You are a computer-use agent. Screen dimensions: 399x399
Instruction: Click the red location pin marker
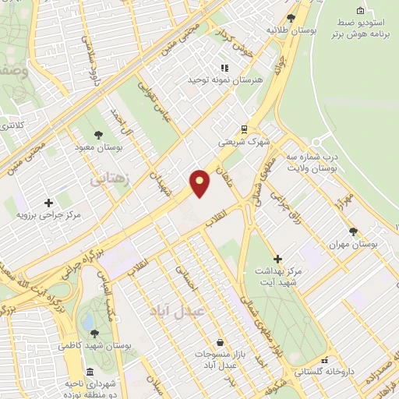click(201, 183)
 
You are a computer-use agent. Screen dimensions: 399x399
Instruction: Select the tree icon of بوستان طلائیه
click(291, 17)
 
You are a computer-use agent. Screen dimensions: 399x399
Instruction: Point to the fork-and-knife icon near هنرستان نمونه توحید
click(224, 68)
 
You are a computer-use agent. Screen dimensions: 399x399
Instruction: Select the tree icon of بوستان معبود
click(97, 134)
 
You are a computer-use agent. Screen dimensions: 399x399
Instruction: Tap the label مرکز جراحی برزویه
click(50, 214)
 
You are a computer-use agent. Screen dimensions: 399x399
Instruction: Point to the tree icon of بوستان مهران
click(353, 231)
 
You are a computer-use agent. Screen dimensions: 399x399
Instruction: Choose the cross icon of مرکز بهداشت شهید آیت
click(277, 258)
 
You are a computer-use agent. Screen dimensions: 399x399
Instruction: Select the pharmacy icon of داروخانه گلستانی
click(324, 361)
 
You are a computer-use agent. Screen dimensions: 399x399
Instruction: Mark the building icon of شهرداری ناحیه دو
click(91, 372)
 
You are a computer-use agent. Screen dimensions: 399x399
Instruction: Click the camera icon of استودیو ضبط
click(359, 10)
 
